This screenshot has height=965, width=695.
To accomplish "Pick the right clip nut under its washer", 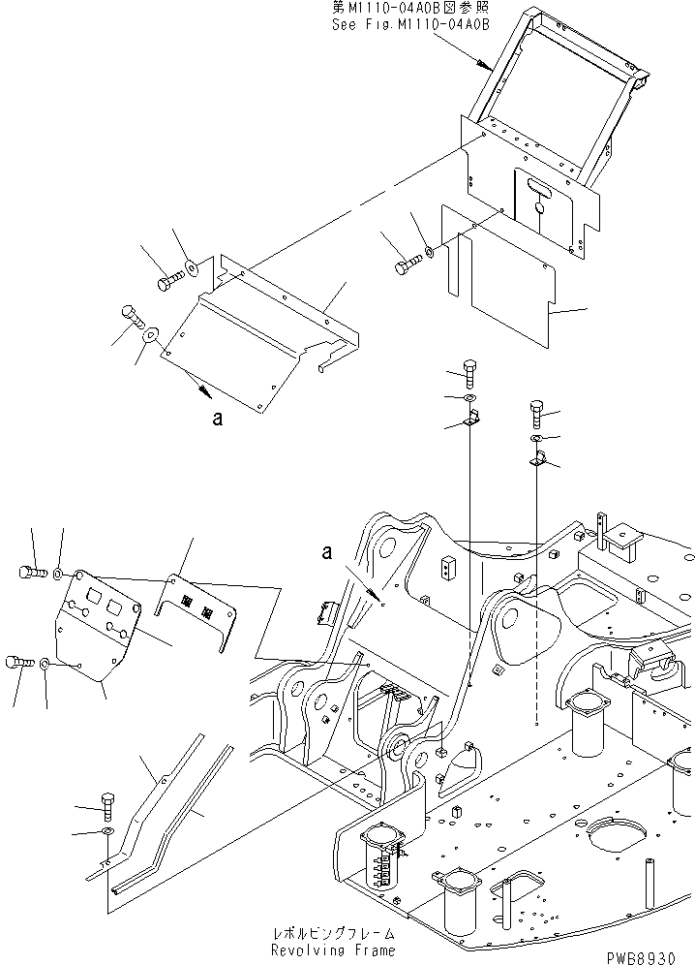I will point(539,460).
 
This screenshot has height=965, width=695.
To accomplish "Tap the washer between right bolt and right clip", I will point(537,439).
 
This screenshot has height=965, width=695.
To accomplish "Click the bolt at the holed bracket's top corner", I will point(30,573).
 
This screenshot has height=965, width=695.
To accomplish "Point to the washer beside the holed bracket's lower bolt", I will point(45,665).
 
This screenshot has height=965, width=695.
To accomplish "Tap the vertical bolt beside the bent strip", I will point(106,803).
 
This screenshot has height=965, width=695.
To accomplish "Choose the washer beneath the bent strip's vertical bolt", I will point(106,830).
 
